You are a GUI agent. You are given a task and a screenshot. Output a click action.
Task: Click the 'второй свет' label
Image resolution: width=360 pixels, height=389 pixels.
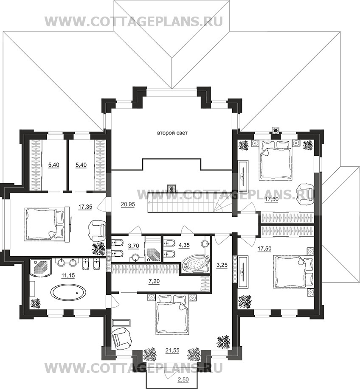[172, 133]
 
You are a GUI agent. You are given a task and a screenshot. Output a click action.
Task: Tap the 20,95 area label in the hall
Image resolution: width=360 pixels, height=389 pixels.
[128, 204]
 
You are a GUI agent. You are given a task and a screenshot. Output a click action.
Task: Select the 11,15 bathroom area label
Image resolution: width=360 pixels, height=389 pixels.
[68, 275]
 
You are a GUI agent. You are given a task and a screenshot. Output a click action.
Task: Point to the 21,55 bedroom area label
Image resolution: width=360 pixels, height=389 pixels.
[172, 350]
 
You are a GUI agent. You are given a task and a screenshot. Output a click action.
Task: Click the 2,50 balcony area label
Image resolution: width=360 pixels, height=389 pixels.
[183, 379]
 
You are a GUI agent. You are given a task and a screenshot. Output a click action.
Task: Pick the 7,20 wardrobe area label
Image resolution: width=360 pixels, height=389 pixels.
[154, 281]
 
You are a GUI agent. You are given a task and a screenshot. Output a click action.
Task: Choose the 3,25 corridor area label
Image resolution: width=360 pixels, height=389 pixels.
[222, 265]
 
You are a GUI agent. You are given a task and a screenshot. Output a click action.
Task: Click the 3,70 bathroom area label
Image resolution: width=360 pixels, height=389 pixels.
[133, 246]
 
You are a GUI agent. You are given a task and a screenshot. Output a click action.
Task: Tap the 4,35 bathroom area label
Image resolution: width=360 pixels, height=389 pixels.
[184, 245]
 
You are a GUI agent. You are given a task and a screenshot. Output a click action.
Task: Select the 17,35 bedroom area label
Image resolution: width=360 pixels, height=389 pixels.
[85, 207]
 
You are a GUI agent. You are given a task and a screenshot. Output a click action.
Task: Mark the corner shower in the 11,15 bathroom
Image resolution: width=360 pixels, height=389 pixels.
[40, 269]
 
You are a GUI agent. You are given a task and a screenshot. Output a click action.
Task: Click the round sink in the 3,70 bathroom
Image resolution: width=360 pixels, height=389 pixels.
[135, 257]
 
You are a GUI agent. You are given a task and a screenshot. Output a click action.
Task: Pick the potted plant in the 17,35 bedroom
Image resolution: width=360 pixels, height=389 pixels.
[99, 249]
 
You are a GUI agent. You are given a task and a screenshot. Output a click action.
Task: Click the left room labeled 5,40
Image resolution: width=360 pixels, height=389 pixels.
[53, 165]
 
